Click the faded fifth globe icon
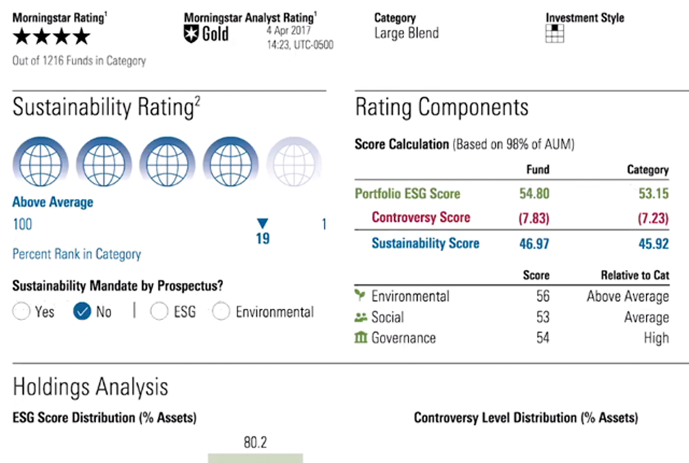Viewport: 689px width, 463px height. click(293, 162)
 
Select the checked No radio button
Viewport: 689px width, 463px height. click(83, 312)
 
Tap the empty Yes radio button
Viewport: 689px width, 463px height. click(22, 312)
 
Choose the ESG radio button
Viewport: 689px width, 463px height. click(159, 312)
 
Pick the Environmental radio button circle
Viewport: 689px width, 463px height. click(222, 312)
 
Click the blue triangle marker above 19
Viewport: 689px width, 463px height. click(263, 223)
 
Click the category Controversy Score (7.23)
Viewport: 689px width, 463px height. click(652, 218)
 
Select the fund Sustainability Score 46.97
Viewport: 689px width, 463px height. click(534, 244)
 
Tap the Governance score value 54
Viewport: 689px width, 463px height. click(542, 337)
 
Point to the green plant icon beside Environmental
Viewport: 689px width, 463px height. click(360, 296)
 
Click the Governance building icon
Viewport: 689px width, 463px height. click(361, 337)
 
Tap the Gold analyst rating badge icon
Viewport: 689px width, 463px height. click(191, 34)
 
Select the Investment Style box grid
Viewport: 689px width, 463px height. click(555, 33)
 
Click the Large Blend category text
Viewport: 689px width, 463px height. click(406, 33)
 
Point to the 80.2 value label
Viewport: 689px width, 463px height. click(255, 442)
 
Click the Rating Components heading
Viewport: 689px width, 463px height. click(441, 108)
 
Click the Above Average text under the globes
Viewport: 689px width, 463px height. click(53, 202)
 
